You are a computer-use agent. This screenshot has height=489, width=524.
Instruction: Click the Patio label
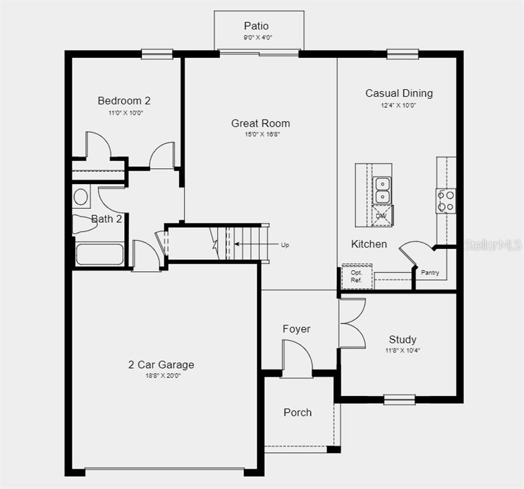click(257, 25)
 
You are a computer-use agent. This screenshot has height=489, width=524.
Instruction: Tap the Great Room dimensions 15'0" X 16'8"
click(262, 134)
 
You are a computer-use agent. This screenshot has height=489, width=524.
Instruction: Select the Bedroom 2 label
click(124, 101)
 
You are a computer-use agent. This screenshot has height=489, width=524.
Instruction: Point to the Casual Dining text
click(399, 93)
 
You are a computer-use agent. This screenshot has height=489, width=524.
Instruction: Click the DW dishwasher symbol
click(382, 216)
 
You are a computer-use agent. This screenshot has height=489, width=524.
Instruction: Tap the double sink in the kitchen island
click(382, 190)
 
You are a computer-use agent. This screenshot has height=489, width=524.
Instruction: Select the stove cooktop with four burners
click(446, 201)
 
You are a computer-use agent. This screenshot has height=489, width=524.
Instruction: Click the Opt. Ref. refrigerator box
click(357, 276)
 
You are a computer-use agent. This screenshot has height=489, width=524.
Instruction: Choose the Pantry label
click(430, 273)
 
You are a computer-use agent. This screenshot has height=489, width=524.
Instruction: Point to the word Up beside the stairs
click(285, 245)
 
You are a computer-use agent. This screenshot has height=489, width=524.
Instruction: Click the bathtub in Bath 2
click(99, 255)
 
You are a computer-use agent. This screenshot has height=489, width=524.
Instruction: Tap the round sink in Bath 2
click(81, 197)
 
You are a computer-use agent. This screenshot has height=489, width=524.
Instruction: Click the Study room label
click(402, 339)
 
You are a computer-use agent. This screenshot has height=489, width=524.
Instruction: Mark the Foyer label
click(297, 329)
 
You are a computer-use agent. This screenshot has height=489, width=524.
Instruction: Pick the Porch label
click(297, 413)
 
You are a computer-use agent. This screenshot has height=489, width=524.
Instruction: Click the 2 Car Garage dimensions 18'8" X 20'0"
click(163, 376)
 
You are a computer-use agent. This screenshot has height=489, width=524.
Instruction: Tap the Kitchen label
click(369, 244)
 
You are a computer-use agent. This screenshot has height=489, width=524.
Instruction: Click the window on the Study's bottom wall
click(399, 399)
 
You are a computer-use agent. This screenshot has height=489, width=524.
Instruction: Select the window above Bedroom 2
click(157, 54)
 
